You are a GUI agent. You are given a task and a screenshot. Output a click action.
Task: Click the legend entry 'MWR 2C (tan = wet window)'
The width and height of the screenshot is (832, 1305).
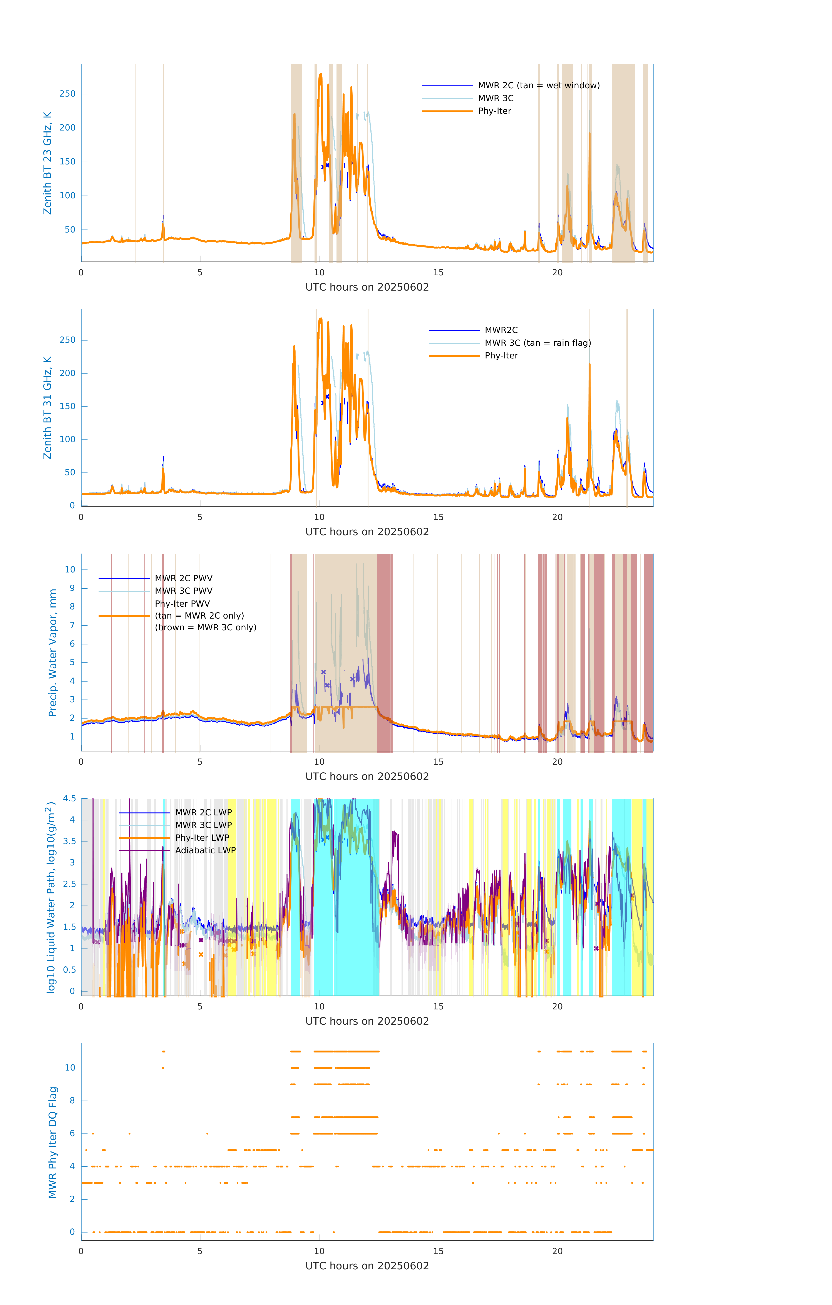pyautogui.click(x=538, y=86)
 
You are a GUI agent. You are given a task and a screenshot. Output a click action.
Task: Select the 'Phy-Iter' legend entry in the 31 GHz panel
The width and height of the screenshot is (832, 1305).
pyautogui.click(x=501, y=356)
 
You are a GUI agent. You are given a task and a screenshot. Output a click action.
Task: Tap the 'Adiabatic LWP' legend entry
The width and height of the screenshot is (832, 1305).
pyautogui.click(x=205, y=850)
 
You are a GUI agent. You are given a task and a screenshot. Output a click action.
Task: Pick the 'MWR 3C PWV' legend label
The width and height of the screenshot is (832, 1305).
pyautogui.click(x=183, y=591)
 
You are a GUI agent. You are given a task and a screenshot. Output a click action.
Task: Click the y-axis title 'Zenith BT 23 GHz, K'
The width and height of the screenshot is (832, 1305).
pyautogui.click(x=48, y=163)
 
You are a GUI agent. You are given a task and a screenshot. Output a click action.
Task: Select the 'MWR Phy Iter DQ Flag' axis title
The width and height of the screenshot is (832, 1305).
pyautogui.click(x=53, y=1142)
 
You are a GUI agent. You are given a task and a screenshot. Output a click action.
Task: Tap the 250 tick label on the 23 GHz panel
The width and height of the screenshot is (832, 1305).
pyautogui.click(x=68, y=94)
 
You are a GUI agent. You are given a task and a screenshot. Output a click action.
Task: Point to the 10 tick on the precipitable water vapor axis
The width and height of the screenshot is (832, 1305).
pyautogui.click(x=70, y=570)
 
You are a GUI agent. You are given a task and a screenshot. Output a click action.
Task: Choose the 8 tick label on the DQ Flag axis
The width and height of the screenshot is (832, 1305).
pyautogui.click(x=72, y=1101)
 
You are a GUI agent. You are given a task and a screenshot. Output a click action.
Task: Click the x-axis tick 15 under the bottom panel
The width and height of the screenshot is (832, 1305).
pyautogui.click(x=438, y=1251)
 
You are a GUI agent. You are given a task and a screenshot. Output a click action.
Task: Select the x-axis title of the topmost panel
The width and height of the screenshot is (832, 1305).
pyautogui.click(x=367, y=287)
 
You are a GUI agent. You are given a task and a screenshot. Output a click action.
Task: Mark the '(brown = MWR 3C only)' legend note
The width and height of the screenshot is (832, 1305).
pyautogui.click(x=205, y=627)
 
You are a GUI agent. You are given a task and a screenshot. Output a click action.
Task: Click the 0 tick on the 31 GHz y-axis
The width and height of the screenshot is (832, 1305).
pyautogui.click(x=72, y=506)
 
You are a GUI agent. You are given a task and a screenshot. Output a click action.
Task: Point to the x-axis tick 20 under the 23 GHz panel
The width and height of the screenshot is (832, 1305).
pyautogui.click(x=557, y=273)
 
